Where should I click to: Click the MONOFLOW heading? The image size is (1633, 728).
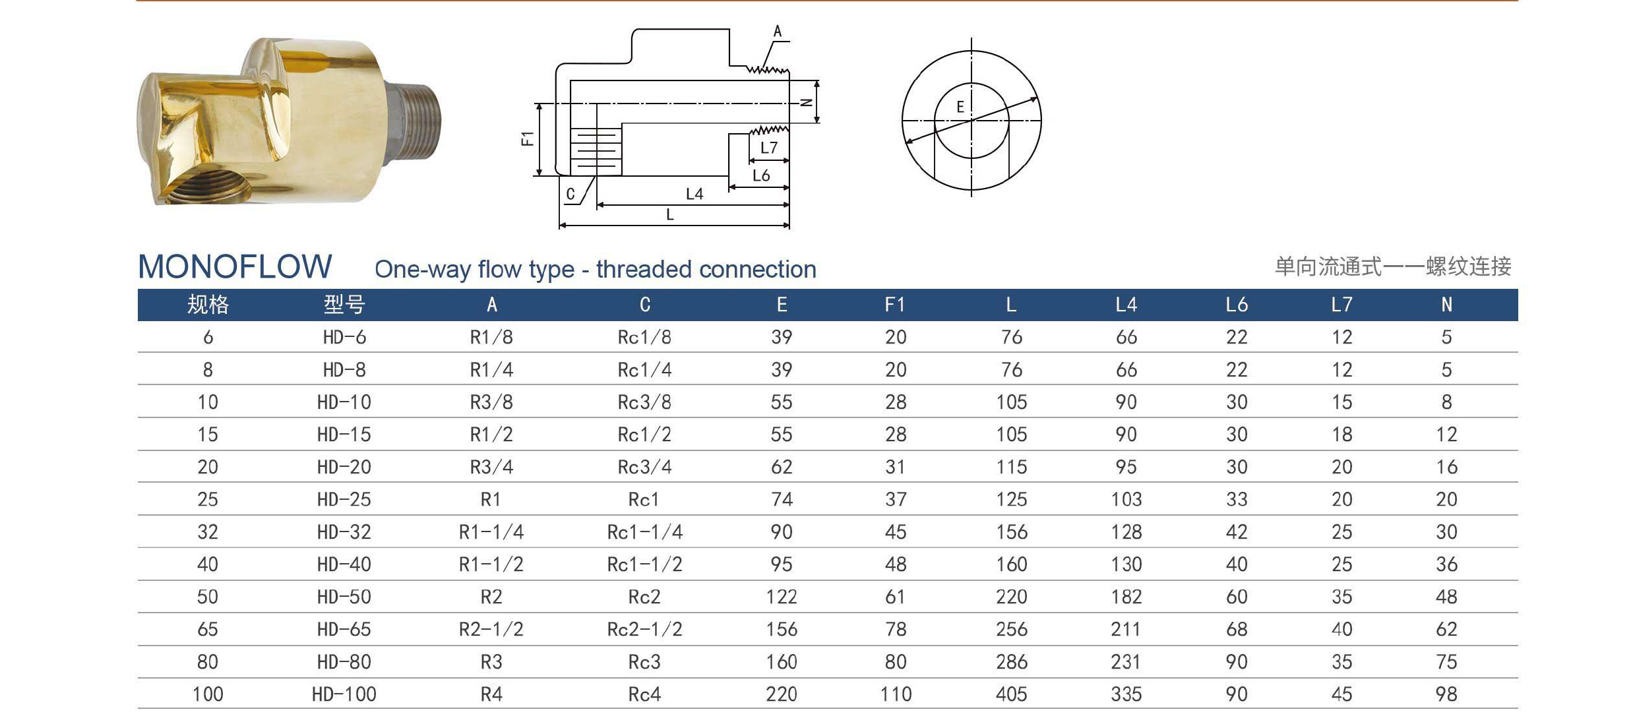[235, 266]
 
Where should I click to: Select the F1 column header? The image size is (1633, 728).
[895, 305]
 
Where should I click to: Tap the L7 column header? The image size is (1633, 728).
[1341, 305]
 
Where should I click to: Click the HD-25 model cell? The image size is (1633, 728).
[344, 499]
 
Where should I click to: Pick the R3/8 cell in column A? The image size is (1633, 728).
[491, 402]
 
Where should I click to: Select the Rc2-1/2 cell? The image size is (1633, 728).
[644, 629]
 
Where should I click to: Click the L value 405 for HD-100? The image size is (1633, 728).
[1011, 694]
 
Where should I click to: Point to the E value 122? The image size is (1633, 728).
[782, 597]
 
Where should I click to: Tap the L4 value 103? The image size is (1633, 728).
[1126, 499]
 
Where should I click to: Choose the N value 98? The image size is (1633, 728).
[1446, 694]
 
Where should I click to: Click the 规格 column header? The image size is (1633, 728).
[208, 305]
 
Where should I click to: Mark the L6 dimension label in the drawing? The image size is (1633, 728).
[761, 175]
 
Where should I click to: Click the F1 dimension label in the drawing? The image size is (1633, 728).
[527, 138]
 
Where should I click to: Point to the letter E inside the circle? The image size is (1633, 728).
[960, 107]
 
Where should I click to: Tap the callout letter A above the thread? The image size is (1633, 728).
[778, 31]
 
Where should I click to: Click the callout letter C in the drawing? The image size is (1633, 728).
[570, 194]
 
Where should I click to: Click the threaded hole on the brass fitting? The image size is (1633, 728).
[218, 186]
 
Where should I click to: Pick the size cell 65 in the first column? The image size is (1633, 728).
[207, 629]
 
